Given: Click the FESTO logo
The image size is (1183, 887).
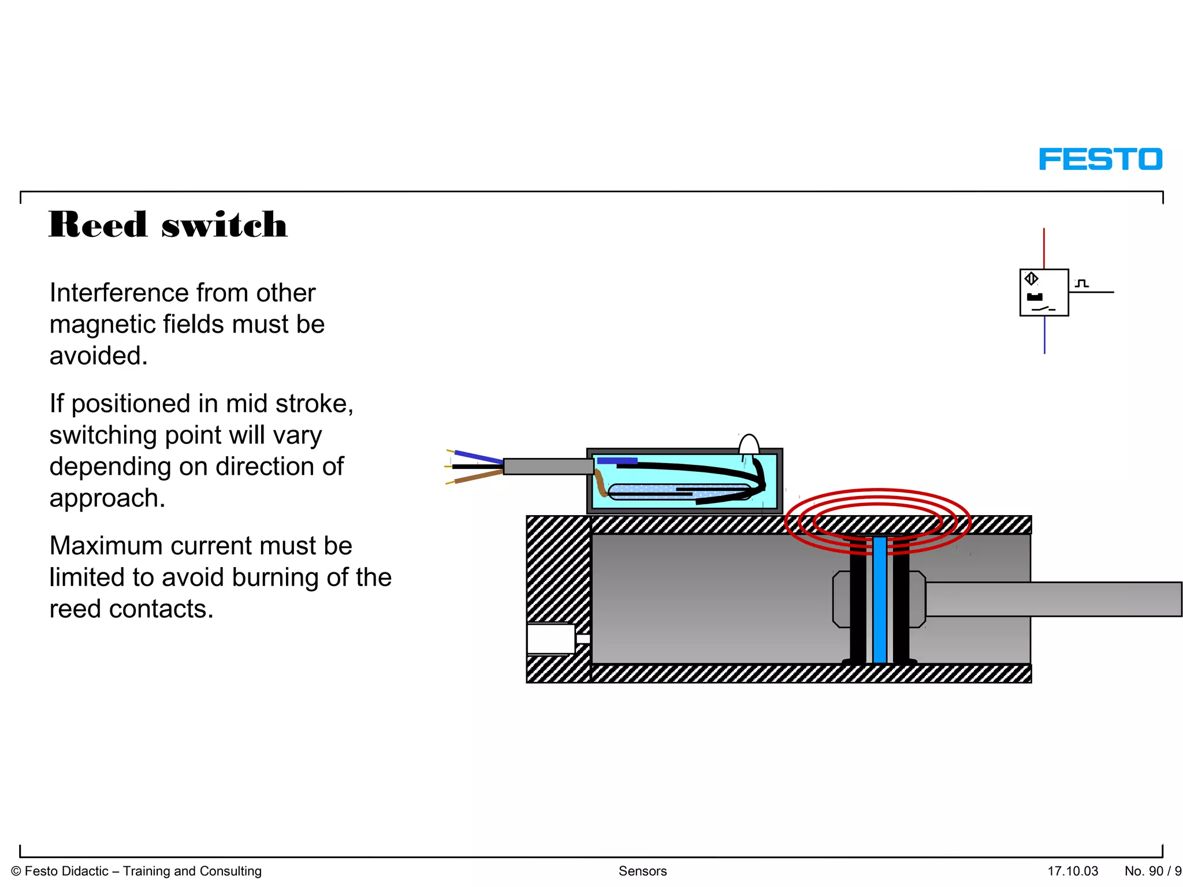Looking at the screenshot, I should (1100, 159).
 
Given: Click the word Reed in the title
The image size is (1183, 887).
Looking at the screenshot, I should (98, 225).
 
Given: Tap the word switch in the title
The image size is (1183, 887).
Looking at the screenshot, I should (224, 225).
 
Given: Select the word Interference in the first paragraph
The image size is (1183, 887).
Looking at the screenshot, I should (111, 293).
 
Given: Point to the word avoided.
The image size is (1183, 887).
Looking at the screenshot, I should (98, 356).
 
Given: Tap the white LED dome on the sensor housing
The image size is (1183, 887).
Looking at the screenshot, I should (749, 445).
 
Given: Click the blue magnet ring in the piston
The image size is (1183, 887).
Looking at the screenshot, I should (880, 601).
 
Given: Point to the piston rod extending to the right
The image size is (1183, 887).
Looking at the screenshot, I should (1051, 599).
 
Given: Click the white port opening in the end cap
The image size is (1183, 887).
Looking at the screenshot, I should (550, 639).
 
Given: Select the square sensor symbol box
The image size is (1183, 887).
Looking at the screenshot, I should (1044, 293).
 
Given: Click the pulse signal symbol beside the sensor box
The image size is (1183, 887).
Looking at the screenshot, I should (1082, 284).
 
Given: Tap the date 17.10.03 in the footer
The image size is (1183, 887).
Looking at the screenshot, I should (1073, 871).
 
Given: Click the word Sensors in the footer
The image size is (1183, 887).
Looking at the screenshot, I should (642, 871).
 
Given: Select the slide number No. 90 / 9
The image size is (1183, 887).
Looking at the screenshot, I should (1152, 871).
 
